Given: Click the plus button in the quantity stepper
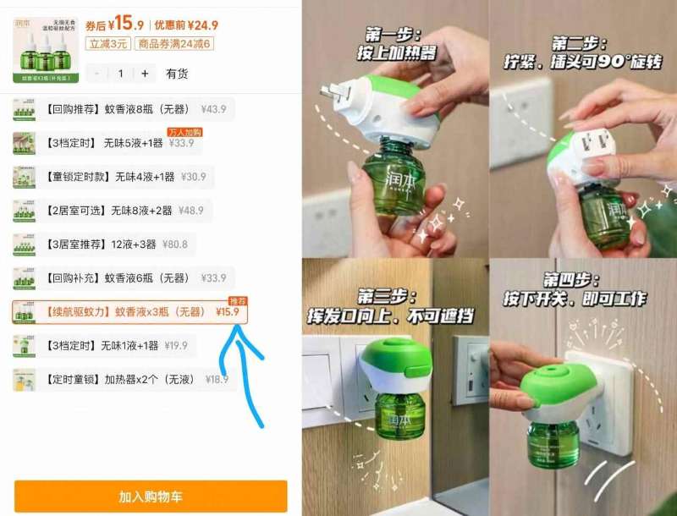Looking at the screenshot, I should click(145, 74).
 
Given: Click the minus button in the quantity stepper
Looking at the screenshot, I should click(97, 74).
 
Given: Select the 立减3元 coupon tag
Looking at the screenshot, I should click(107, 44).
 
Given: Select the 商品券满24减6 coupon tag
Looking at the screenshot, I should click(175, 44).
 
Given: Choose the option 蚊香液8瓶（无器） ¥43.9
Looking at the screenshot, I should click(124, 109).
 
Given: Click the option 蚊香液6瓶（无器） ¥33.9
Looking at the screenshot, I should click(124, 278).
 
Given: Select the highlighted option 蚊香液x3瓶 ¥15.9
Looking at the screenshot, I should click(129, 312).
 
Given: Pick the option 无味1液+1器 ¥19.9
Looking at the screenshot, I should click(104, 346).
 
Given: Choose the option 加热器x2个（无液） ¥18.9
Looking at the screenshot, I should click(124, 380).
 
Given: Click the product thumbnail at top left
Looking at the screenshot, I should click(46, 50).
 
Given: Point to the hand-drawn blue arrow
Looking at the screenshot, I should click(246, 372).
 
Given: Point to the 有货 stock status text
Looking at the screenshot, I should click(177, 74).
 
